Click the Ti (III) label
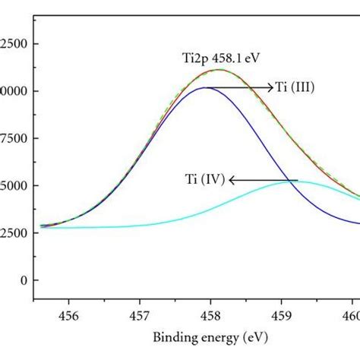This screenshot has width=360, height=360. pyautogui.click(x=295, y=88)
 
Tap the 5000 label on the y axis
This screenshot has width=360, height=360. pyautogui.click(x=15, y=185)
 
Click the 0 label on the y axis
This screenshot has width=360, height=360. pyautogui.click(x=25, y=280)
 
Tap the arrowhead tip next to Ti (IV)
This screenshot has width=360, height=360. pyautogui.click(x=231, y=180)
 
